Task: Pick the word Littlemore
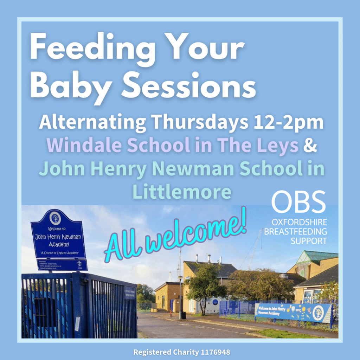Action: pyautogui.click(x=182, y=192)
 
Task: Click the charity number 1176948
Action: pyautogui.click(x=213, y=352)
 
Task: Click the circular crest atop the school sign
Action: pyautogui.click(x=55, y=218)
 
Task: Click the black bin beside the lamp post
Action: pyautogui.click(x=184, y=315)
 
